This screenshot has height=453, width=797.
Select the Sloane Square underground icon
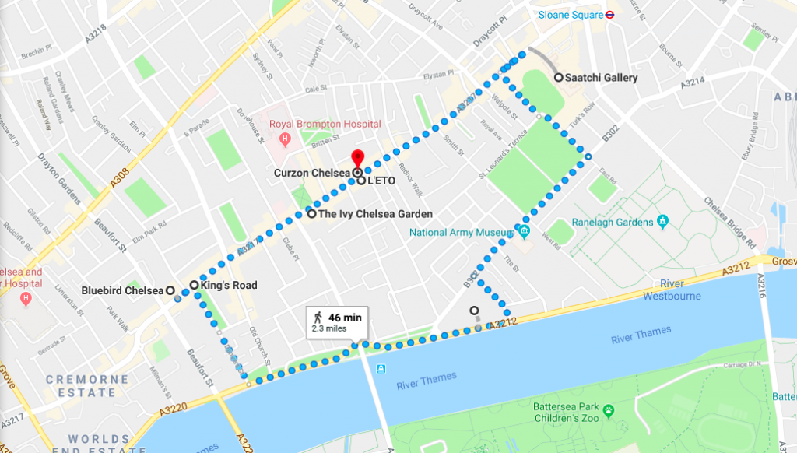pos(612,14)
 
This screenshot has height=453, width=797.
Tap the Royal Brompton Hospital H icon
pos(285,139)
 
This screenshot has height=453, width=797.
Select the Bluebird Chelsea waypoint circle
pos(169,290)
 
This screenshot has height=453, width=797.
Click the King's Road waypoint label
pos(228,286)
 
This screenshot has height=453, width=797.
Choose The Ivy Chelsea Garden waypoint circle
pos(311,214)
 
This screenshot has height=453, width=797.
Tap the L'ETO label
pos(382,181)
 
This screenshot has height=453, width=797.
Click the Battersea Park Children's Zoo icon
pos(609,409)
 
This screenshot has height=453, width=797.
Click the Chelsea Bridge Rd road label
pos(731,222)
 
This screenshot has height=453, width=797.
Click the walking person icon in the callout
pos(318,318)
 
